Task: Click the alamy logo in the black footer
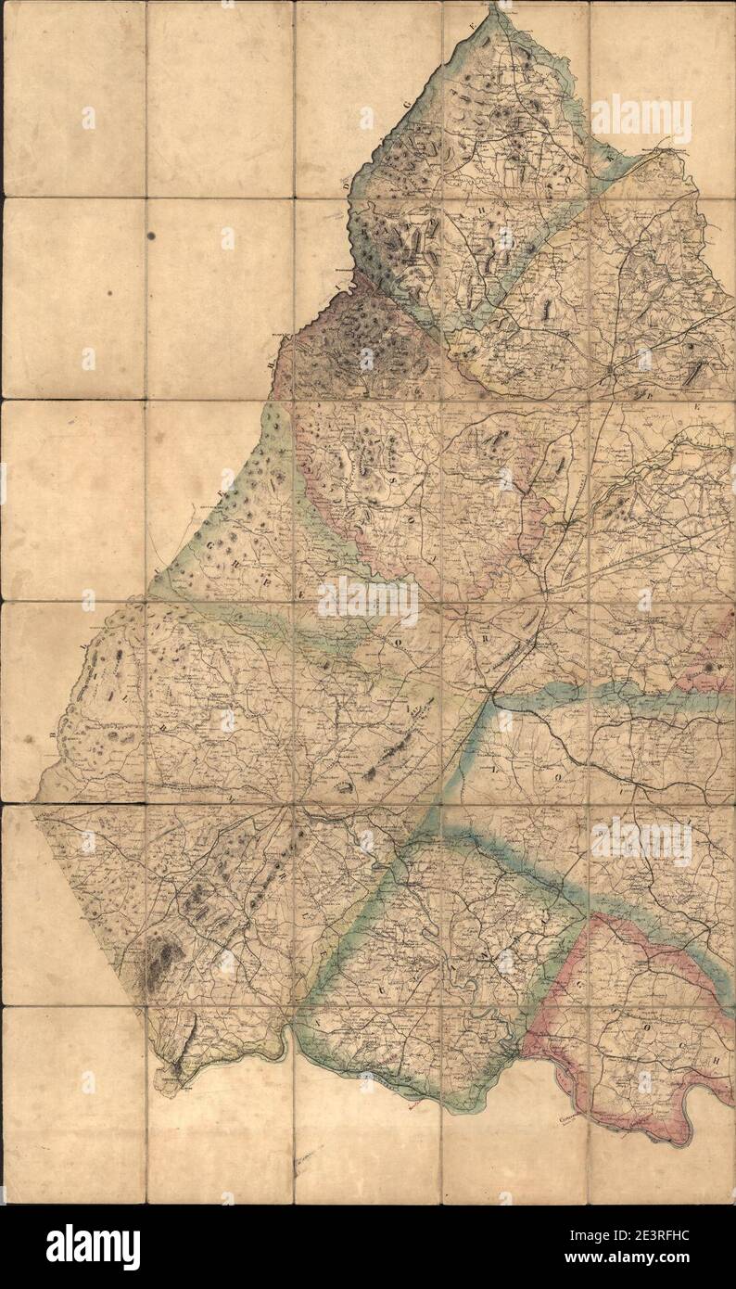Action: click(x=94, y=1246)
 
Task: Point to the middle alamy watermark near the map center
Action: click(x=368, y=600)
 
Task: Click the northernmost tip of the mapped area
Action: click(x=501, y=7)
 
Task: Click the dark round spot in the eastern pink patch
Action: click(x=710, y=666)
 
